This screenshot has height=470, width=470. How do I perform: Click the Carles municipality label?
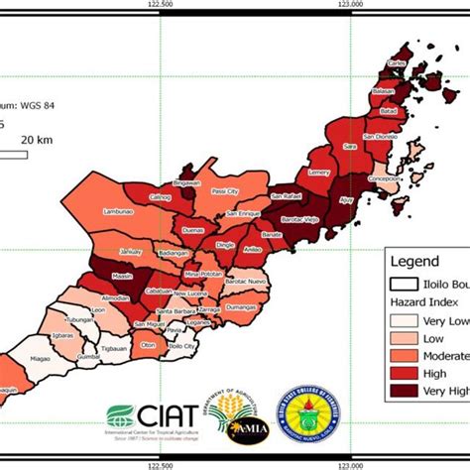(x=396, y=62)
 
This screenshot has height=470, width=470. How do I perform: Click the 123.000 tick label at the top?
(x=354, y=5)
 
